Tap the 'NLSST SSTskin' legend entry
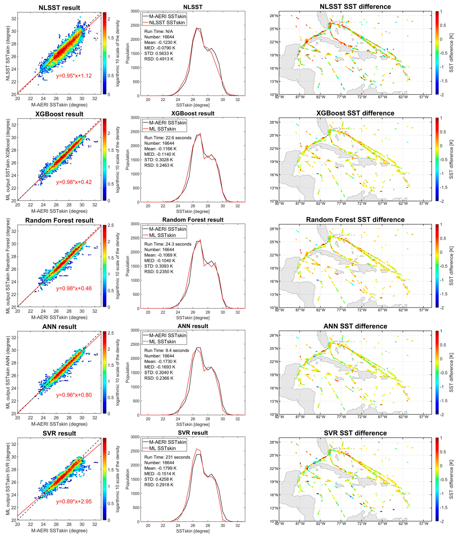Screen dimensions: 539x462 (167, 23)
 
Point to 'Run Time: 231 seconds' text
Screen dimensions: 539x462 (167, 457)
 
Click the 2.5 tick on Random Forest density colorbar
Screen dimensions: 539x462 (111, 225)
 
